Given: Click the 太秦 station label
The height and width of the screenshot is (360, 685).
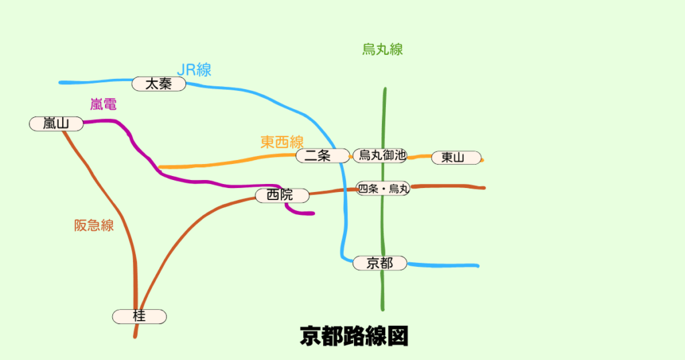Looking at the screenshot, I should coord(159,84).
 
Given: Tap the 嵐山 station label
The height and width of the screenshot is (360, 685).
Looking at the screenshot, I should coord(56,123).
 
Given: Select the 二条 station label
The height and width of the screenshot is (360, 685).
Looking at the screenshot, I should coord(322,156).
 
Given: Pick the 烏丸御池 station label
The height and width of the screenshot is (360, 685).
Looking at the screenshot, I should coord(379,155).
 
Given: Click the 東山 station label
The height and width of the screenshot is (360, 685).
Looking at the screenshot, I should coord(456,158).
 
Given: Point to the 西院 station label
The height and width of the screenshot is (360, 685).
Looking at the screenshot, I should coord(282,195).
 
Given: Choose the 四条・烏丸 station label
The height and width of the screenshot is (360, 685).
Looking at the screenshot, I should coord(383,189).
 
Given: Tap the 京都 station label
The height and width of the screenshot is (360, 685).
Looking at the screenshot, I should coord(380,263).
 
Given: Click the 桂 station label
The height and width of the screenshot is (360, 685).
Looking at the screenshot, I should coord(139,317).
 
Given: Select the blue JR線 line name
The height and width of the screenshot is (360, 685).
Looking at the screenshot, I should coord(194,70).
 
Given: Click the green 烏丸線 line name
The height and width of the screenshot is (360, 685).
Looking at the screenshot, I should coord(383,49).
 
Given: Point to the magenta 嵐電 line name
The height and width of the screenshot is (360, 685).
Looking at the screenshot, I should coord(103,104).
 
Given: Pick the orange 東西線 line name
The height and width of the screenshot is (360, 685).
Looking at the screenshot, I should coord(282,142).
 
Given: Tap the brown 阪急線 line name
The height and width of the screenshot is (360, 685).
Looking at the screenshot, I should coord(94,226).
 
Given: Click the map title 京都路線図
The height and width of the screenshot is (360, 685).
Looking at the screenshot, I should coord(354,336).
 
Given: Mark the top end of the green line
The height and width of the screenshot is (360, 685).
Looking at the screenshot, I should coord(385,89).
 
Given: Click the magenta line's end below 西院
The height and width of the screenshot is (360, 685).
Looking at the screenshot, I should coord(312,213).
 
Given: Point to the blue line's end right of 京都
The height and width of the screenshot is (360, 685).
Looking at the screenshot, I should coord(478,266).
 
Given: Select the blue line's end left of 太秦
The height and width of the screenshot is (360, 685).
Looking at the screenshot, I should coord(61,83).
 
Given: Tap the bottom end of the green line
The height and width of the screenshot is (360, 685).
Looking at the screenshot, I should coord(383,309).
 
